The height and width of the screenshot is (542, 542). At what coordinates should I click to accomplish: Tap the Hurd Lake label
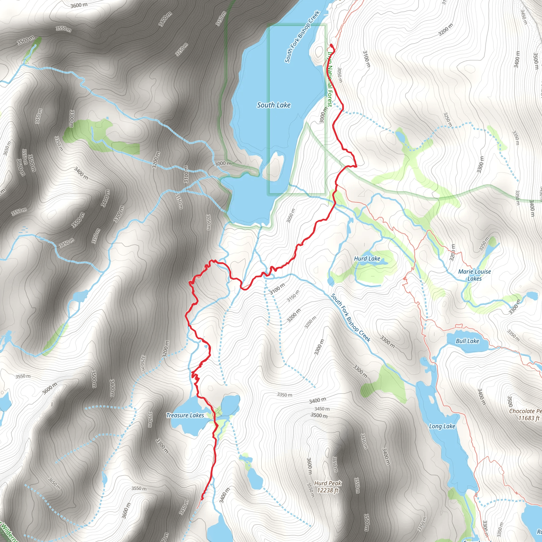pyautogui.click(x=367, y=259)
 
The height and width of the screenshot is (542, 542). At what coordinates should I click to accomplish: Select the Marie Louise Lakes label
pyautogui.click(x=475, y=275)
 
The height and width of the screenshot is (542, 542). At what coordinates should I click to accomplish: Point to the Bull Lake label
pyautogui.click(x=467, y=341)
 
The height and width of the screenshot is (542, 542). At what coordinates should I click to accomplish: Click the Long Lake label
pyautogui.click(x=442, y=426)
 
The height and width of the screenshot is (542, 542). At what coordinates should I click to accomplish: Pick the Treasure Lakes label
pyautogui.click(x=185, y=415)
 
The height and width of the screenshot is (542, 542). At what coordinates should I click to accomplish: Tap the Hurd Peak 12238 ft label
pyautogui.click(x=328, y=487)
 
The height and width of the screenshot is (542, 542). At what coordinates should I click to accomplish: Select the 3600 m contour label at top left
pyautogui.click(x=79, y=5)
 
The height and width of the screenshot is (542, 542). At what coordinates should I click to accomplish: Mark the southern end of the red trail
pyautogui.click(x=202, y=499)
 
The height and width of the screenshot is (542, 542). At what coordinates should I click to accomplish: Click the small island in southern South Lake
pyautogui.click(x=274, y=168)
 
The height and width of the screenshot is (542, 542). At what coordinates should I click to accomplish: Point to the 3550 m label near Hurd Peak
pyautogui.click(x=310, y=490)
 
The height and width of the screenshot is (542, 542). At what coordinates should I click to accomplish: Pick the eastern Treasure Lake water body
pyautogui.click(x=230, y=404)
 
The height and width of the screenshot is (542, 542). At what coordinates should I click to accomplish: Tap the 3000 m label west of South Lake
pyautogui.click(x=223, y=163)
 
